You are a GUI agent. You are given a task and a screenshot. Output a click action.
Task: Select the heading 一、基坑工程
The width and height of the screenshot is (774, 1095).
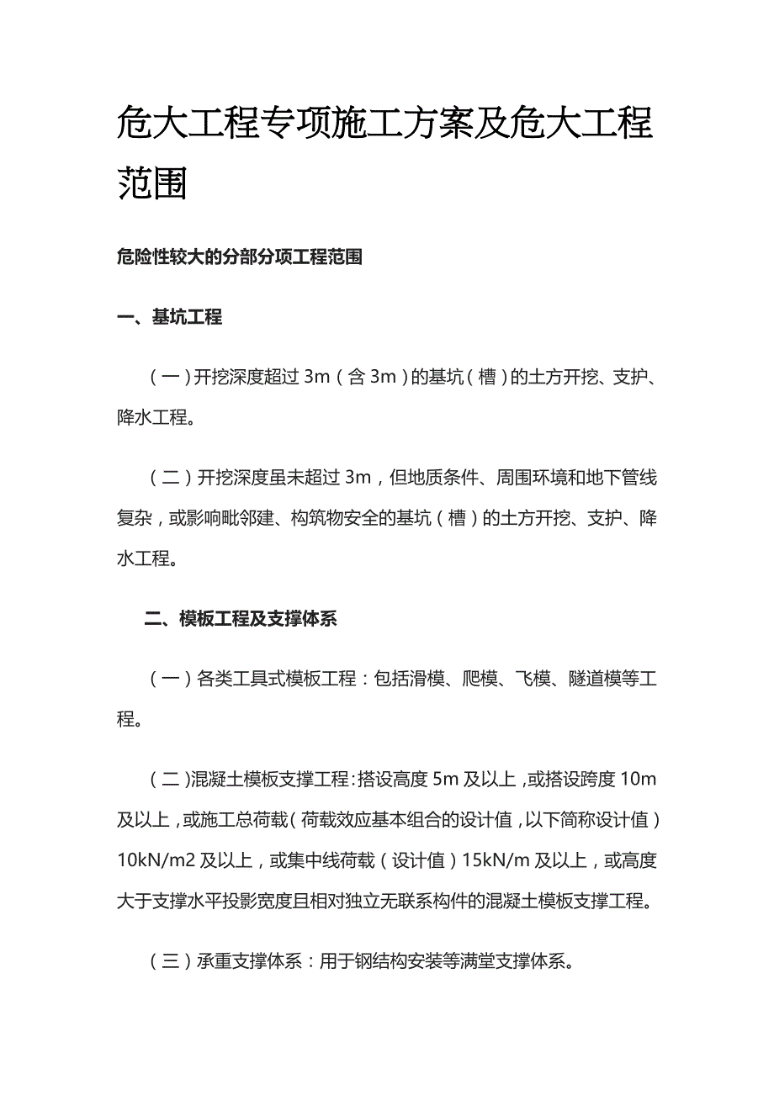pos(170,317)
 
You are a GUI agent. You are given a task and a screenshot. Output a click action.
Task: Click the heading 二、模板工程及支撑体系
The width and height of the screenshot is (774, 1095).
pos(241,620)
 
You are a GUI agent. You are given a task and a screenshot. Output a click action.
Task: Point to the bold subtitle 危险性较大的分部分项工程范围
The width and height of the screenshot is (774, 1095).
pos(240,257)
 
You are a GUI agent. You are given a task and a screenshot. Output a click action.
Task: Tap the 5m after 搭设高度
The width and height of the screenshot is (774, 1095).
pos(444,779)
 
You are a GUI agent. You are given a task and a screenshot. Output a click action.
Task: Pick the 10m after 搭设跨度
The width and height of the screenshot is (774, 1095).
pos(637,779)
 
